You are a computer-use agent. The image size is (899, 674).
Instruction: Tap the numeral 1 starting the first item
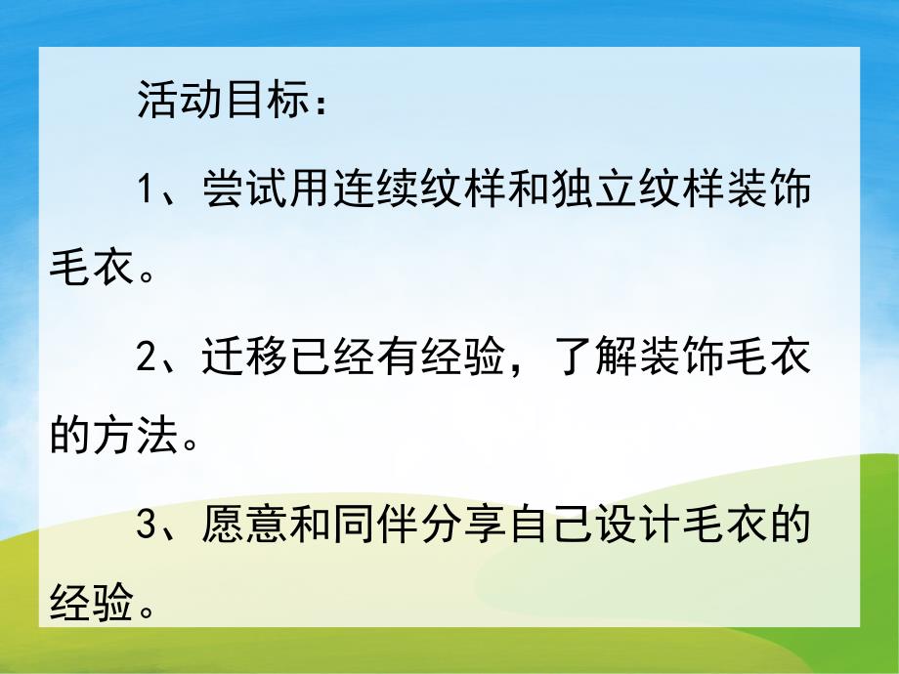(x=147, y=190)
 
